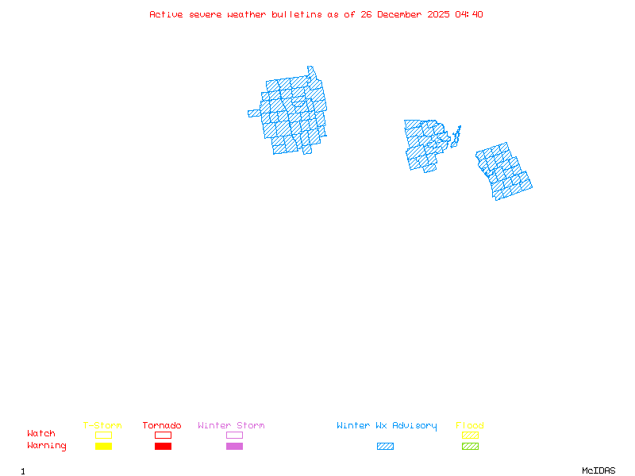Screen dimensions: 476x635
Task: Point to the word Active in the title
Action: (166, 14)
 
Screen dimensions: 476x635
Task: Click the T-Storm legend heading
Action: (102, 426)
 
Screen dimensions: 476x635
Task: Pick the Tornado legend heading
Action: (162, 426)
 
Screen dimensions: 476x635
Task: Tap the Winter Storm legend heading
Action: (231, 426)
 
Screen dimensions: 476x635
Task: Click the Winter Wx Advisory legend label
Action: (387, 426)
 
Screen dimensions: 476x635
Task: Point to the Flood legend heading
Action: (470, 426)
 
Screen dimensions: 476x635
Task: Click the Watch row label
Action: (41, 434)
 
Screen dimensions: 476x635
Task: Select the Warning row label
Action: (47, 446)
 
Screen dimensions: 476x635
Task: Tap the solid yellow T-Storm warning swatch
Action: (103, 447)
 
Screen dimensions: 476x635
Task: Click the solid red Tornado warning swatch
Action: (163, 447)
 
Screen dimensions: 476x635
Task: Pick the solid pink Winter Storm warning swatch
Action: (234, 447)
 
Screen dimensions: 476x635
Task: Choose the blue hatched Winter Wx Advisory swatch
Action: (385, 447)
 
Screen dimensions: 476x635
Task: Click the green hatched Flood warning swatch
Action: (470, 447)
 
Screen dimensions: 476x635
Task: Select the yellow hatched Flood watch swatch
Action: (470, 435)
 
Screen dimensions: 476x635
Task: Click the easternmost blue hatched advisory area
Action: (504, 171)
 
